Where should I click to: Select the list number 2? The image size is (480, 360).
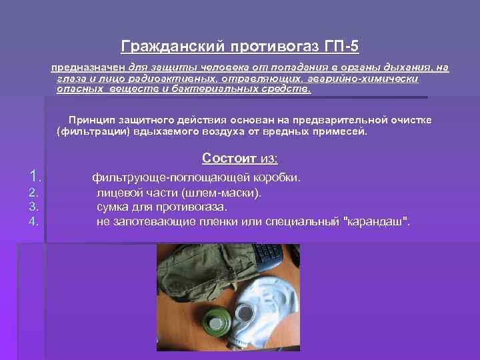pyautogui.click(x=34, y=193)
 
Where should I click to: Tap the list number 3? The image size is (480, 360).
pyautogui.click(x=34, y=207)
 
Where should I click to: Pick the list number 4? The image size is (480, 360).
pyautogui.click(x=34, y=221)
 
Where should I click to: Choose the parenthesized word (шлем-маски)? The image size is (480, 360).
pyautogui.click(x=226, y=193)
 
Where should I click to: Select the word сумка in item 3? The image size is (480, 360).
pyautogui.click(x=112, y=207)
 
